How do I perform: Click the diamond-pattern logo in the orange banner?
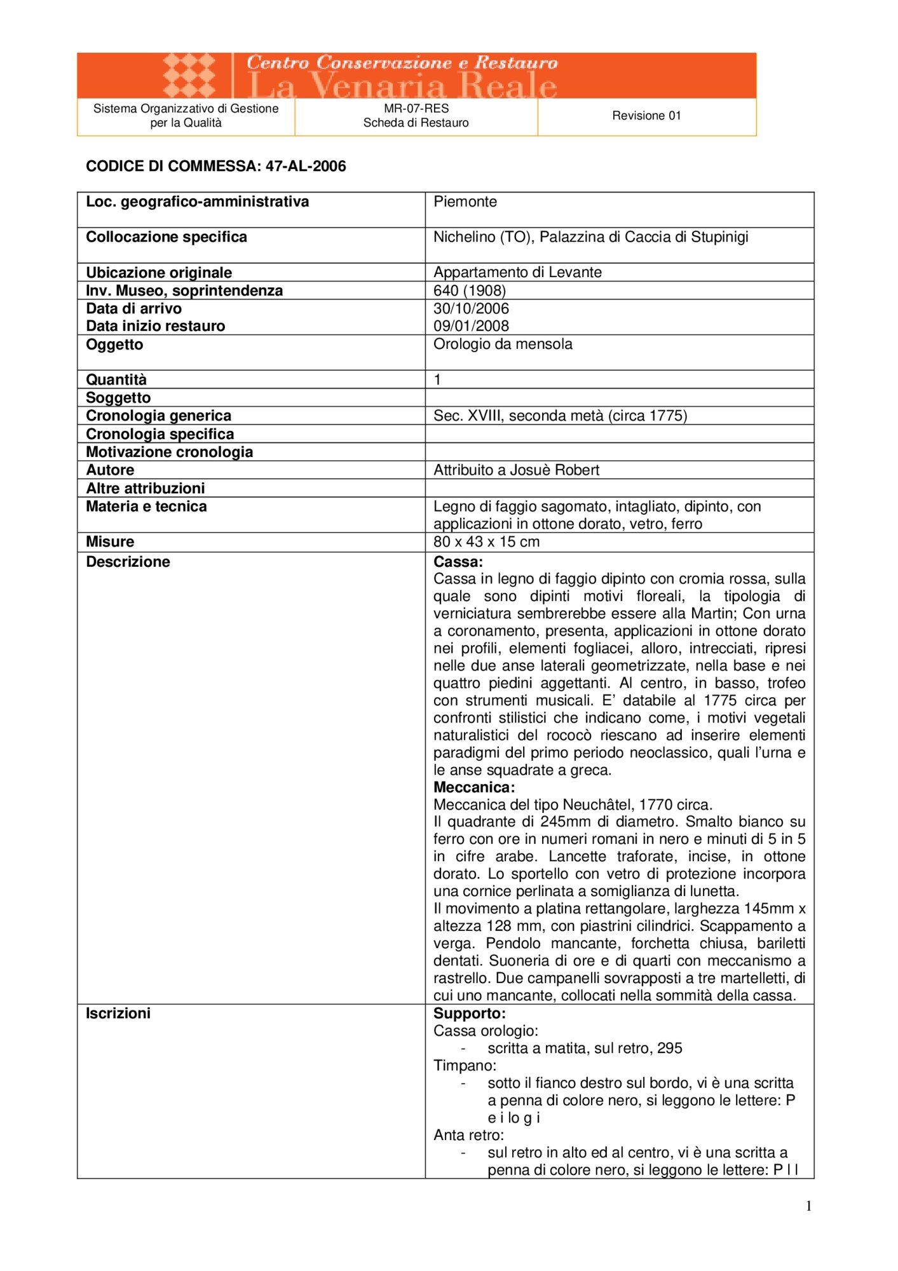189,76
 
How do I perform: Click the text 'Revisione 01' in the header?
646,116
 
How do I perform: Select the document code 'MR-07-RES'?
416,109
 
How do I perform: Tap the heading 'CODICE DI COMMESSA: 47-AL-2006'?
216,167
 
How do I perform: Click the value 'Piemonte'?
465,202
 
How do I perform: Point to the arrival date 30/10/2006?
471,309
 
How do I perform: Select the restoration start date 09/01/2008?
471,326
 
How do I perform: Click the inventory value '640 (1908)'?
470,291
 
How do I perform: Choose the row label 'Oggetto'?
114,344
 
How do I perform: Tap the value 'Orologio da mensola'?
503,344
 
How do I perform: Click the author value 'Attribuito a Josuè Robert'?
516,470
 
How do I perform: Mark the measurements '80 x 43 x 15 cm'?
486,542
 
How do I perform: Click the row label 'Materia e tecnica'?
146,506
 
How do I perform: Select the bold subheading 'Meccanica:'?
474,787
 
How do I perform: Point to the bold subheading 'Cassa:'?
458,562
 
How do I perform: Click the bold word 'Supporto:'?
470,1014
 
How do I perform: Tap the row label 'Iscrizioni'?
118,1014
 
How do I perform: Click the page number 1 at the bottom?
808,1206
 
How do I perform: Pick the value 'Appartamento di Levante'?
517,273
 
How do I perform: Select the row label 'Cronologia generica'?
158,416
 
